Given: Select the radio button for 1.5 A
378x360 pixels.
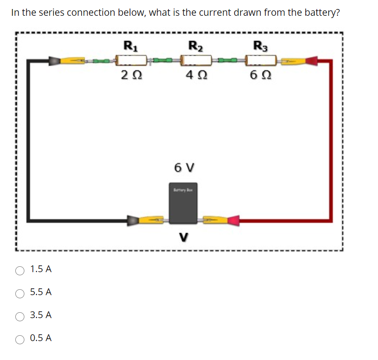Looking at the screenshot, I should [x=20, y=270].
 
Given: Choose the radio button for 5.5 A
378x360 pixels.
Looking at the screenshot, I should [x=20, y=293].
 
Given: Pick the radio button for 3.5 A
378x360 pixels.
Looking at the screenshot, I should [x=20, y=316].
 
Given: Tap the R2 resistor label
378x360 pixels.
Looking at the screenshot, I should [x=196, y=46].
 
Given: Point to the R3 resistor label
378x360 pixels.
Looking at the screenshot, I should [x=260, y=46].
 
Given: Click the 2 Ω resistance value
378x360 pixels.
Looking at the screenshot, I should [x=130, y=74].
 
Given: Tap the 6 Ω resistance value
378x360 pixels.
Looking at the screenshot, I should [x=260, y=74].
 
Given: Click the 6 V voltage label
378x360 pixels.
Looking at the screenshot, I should [x=184, y=168].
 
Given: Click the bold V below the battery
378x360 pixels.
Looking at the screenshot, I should [x=184, y=237].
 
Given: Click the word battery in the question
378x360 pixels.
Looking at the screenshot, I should [x=323, y=13].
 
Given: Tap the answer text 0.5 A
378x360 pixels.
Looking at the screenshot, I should [x=41, y=338].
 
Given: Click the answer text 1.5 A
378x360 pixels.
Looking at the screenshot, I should [x=41, y=269].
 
